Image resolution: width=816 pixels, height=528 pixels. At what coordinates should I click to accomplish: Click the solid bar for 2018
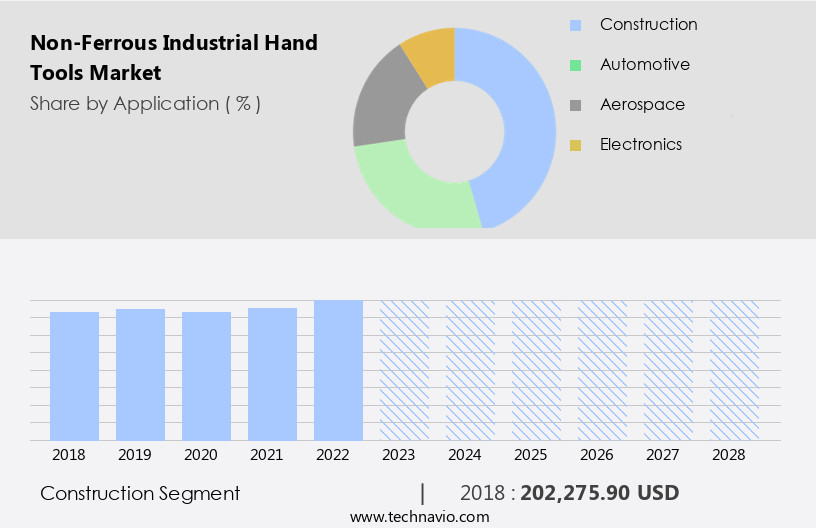click(x=74, y=376)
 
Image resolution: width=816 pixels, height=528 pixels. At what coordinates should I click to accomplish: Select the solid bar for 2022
click(x=338, y=370)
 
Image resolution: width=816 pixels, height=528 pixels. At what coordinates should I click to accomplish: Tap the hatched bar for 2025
click(x=536, y=370)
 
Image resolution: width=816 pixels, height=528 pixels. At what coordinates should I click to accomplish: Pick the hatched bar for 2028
click(x=734, y=370)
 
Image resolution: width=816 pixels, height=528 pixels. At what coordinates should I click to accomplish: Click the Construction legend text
click(x=648, y=24)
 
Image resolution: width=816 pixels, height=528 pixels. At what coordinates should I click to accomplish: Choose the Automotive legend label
click(x=644, y=64)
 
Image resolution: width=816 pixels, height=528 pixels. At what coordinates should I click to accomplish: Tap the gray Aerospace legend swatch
click(x=575, y=105)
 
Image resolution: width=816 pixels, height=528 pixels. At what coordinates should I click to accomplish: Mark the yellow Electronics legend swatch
click(x=575, y=145)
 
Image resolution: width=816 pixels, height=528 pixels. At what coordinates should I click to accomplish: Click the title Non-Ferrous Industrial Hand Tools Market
click(x=174, y=57)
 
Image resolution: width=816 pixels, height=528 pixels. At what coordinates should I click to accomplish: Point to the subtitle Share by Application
click(x=145, y=103)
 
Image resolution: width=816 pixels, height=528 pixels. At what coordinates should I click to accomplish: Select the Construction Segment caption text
click(x=140, y=493)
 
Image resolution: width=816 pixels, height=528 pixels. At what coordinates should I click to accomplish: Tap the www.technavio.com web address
click(x=419, y=517)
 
